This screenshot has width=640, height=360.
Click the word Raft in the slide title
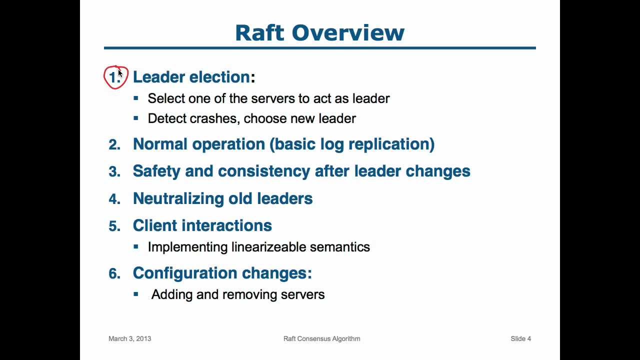[x=260, y=33]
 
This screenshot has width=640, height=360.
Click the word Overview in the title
[x=348, y=33]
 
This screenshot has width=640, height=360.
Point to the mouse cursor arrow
[x=120, y=73]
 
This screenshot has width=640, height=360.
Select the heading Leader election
[x=191, y=77]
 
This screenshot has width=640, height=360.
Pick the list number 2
[x=114, y=145]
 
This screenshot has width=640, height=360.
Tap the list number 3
[x=114, y=172]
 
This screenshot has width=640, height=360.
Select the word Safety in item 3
[x=156, y=171]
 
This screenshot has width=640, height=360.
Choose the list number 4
[x=114, y=199]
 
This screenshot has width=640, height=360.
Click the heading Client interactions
[x=202, y=225]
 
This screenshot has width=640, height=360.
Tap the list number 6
[x=114, y=273]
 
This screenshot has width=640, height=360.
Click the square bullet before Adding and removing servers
[x=136, y=294]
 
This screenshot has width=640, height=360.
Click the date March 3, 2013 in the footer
[x=129, y=338]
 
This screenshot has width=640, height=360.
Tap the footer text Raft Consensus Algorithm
[x=321, y=338]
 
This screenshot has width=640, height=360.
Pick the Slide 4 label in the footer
[x=520, y=338]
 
